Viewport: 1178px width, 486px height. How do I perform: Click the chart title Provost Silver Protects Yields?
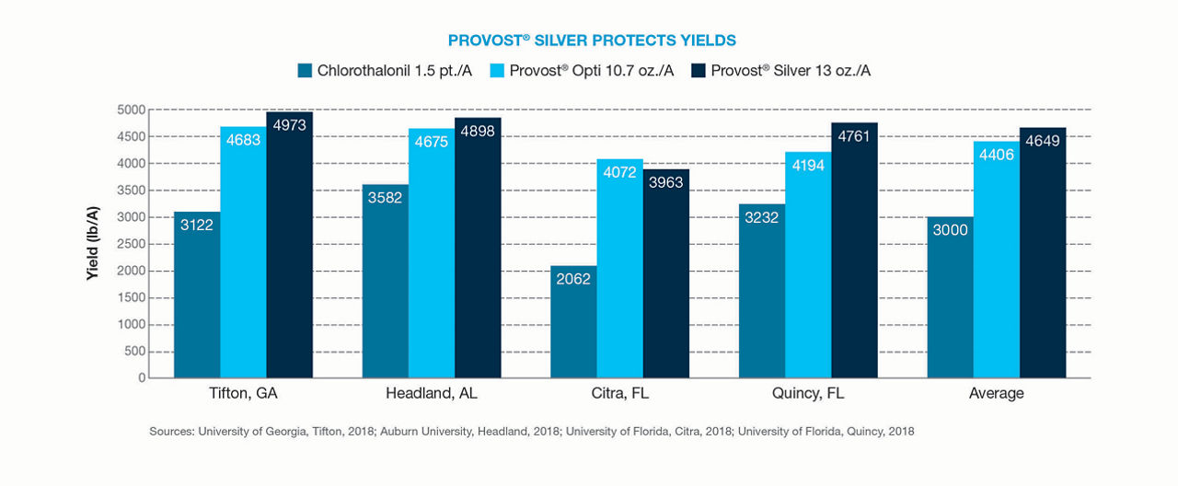click(592, 40)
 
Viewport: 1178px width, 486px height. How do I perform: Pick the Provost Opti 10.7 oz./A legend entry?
click(585, 71)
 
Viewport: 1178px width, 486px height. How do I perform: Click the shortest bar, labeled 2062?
click(573, 322)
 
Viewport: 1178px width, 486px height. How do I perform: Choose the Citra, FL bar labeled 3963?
click(666, 276)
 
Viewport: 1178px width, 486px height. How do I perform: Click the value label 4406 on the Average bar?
click(997, 156)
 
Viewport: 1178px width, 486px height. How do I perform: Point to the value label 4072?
click(620, 172)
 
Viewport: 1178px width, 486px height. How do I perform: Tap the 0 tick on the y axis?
click(141, 378)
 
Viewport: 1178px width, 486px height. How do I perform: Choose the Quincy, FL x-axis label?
click(808, 394)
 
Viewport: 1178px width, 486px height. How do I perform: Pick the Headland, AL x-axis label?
click(432, 394)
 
